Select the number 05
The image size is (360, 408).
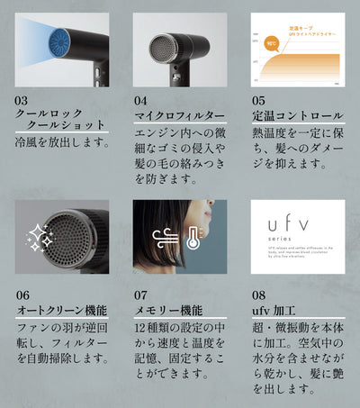(x=259, y=102)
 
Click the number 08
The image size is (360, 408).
(x=259, y=295)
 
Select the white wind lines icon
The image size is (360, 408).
(x=163, y=237)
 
